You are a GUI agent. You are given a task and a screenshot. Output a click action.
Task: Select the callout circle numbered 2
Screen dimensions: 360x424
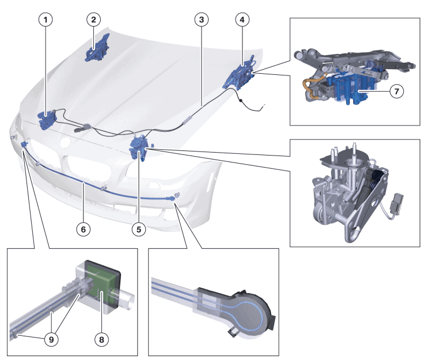93,20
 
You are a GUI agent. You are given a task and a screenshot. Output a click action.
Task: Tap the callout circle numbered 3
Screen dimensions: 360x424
200,20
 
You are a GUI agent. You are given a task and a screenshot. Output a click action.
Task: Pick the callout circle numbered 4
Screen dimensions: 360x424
243,20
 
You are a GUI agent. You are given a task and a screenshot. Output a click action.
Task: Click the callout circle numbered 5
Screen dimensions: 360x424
138,229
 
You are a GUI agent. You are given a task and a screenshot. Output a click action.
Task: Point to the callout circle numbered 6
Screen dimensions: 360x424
84,229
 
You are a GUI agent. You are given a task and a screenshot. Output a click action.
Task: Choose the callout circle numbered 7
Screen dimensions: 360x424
395,90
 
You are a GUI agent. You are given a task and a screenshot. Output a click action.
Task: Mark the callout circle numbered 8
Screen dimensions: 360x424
102,340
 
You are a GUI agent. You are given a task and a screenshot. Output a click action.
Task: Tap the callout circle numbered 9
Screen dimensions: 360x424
52,340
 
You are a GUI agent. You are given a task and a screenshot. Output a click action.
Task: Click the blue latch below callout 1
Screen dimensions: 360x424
46,120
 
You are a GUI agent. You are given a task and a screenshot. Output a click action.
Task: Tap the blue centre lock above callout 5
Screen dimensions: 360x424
139,147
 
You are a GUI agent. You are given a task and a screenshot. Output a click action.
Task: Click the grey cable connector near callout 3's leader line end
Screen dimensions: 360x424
188,119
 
